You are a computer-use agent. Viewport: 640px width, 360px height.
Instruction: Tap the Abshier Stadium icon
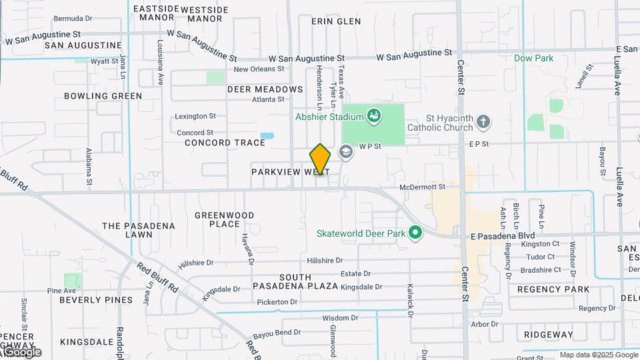[375, 117]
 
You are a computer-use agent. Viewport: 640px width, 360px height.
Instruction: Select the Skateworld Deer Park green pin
[416, 233]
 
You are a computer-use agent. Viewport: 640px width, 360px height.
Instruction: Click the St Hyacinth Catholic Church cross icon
[483, 122]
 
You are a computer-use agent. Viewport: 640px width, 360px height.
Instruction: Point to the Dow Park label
[533, 59]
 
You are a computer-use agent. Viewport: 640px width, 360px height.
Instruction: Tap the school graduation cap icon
[346, 151]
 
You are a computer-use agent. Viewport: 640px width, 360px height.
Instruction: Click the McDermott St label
[422, 187]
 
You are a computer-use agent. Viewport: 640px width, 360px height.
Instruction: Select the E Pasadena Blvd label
[503, 236]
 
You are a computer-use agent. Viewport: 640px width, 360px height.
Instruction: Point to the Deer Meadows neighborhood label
[265, 89]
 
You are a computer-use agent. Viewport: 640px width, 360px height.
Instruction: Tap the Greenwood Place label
[225, 219]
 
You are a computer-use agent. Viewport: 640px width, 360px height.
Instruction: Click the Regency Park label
[553, 289]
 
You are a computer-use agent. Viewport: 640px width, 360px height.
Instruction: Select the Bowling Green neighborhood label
[103, 96]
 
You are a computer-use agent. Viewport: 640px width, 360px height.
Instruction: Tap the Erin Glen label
[336, 21]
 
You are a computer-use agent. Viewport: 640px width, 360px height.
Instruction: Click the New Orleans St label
[259, 69]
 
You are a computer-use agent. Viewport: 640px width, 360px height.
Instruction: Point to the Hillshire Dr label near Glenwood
[325, 261]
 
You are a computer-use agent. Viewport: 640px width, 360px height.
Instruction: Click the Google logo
[21, 351]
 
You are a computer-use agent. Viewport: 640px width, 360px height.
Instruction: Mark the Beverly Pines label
[96, 300]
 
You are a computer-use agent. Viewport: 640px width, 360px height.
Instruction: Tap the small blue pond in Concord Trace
[267, 136]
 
